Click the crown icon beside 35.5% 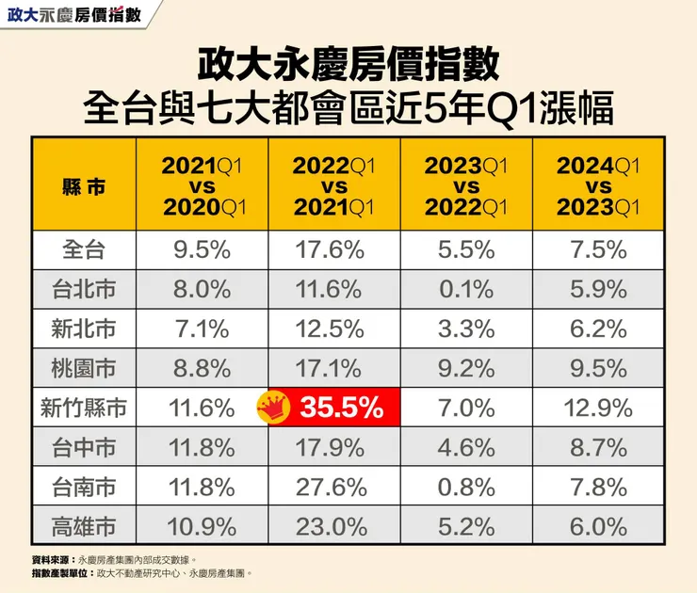(273, 408)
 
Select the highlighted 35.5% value (341, 409)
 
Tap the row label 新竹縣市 (84, 409)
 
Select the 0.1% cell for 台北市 (466, 290)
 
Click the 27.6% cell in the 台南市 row (334, 488)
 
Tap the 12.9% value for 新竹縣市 (598, 409)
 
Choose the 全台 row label (84, 250)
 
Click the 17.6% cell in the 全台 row (334, 250)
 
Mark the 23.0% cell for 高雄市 (334, 527)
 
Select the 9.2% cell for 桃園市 (466, 369)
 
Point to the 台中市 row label (84, 448)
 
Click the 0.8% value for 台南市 (466, 488)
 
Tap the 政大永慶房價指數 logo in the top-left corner (74, 15)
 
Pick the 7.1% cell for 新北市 (203, 329)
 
